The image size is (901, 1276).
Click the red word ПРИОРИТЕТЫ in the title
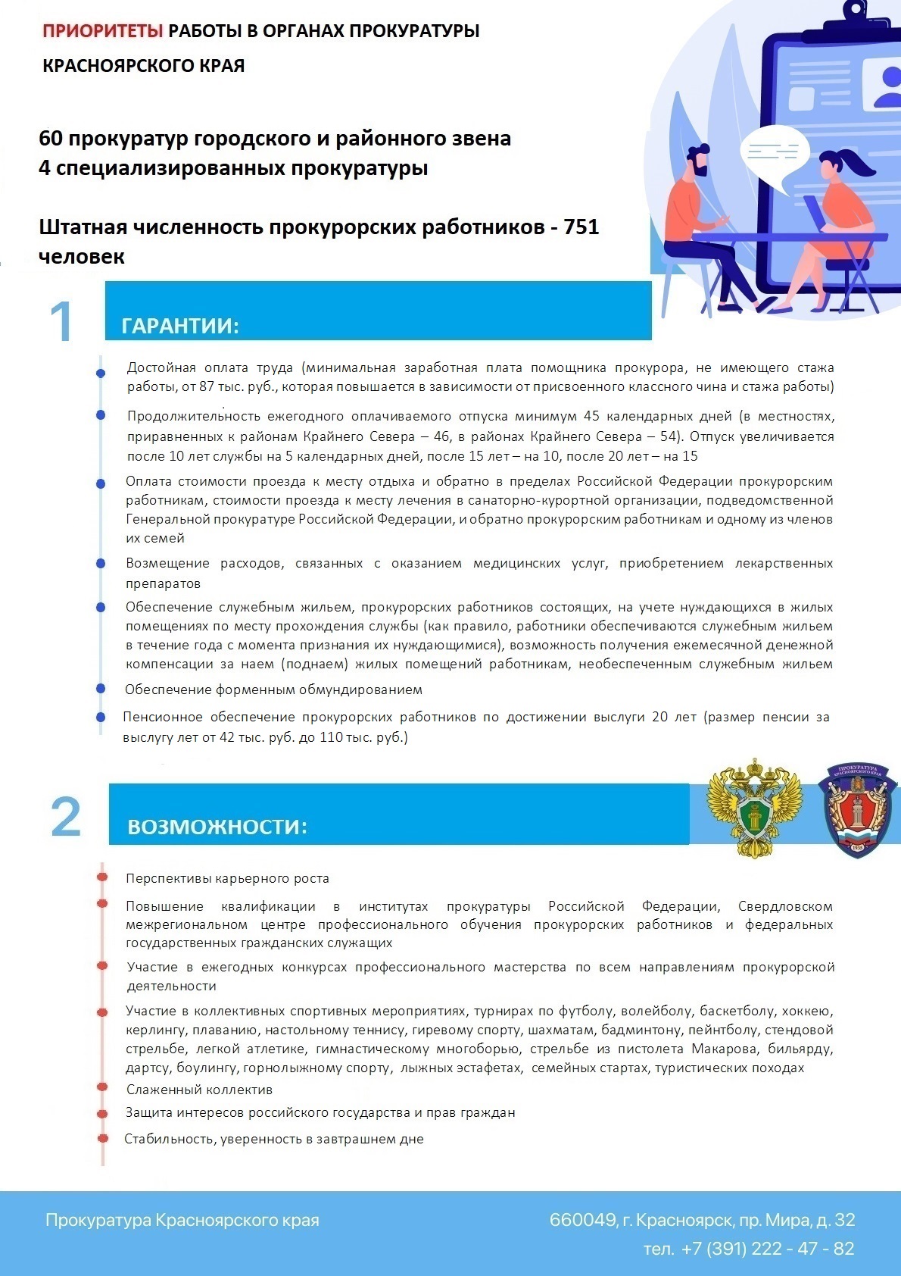pos(103,31)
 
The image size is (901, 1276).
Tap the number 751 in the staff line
pos(581,227)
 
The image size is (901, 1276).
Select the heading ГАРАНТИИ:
pos(180,326)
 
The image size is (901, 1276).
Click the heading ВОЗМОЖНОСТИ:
pos(217,826)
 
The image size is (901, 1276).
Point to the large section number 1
pos(61,321)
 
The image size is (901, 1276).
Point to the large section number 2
pos(66,817)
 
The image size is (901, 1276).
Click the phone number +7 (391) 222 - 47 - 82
pos(767,1249)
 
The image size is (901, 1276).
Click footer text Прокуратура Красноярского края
pos(182,1220)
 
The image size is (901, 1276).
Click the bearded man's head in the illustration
pos(699,162)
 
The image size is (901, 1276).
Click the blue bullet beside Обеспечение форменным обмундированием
pos(100,689)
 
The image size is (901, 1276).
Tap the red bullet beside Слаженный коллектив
pos(102,1087)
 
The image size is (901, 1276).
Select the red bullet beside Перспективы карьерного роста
pos(102,877)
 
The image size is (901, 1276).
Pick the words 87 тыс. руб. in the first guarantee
pos(230,386)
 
